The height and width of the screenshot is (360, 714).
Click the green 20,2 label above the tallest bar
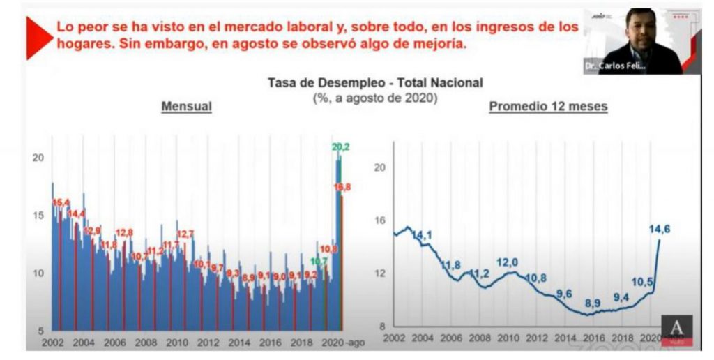(x=341, y=147)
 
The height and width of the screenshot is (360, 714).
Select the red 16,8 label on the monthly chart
(x=342, y=187)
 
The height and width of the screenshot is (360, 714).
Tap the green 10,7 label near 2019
(x=319, y=262)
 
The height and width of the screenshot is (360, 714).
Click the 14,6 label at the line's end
(x=664, y=228)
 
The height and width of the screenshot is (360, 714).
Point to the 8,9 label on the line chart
(x=593, y=303)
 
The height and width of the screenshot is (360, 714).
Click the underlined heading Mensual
(x=186, y=107)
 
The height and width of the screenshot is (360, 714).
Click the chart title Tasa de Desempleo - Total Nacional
(x=374, y=82)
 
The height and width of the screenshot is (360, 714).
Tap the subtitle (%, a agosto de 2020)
(x=374, y=98)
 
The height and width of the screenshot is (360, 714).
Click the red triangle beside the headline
(x=38, y=36)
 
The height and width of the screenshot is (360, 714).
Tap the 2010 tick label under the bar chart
(x=177, y=343)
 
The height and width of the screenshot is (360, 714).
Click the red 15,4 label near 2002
(x=61, y=202)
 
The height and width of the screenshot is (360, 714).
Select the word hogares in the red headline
(x=82, y=44)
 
